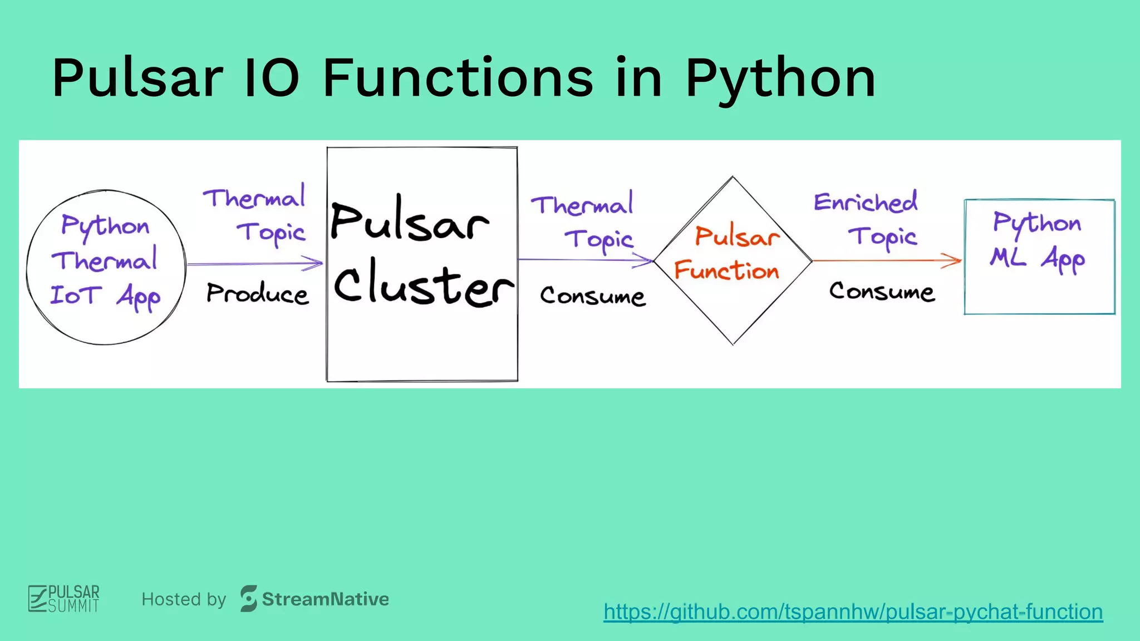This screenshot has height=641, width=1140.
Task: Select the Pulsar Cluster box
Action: pyautogui.click(x=422, y=345)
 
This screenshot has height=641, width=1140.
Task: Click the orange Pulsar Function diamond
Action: pyautogui.click(x=733, y=312)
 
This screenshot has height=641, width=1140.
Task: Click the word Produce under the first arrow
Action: pyautogui.click(x=257, y=293)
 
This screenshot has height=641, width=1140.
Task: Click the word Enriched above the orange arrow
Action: pyautogui.click(x=866, y=202)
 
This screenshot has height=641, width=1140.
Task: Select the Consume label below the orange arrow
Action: pyautogui.click(x=882, y=292)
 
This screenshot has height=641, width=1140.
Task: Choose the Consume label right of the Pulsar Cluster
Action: pyautogui.click(x=592, y=296)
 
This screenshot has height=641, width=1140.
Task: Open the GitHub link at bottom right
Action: pyautogui.click(x=853, y=612)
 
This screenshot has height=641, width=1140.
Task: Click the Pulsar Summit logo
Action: pyautogui.click(x=64, y=599)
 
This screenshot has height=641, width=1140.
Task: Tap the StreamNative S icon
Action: pyautogui.click(x=248, y=599)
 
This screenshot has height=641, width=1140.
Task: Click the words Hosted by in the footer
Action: pyautogui.click(x=184, y=599)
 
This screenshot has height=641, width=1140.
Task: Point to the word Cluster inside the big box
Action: pyautogui.click(x=423, y=285)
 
